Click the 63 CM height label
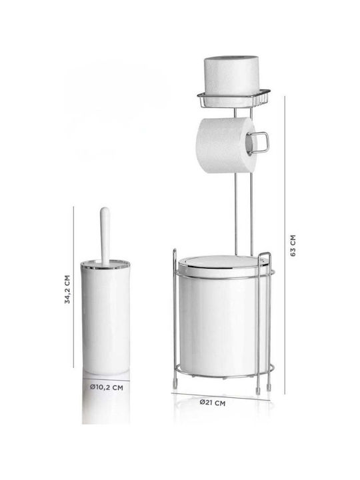(293, 245)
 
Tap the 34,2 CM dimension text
(67, 289)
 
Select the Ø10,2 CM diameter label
(107, 387)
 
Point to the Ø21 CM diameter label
(213, 403)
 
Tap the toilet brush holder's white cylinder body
(105, 320)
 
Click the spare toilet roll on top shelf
(231, 75)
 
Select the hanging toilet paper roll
(226, 145)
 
